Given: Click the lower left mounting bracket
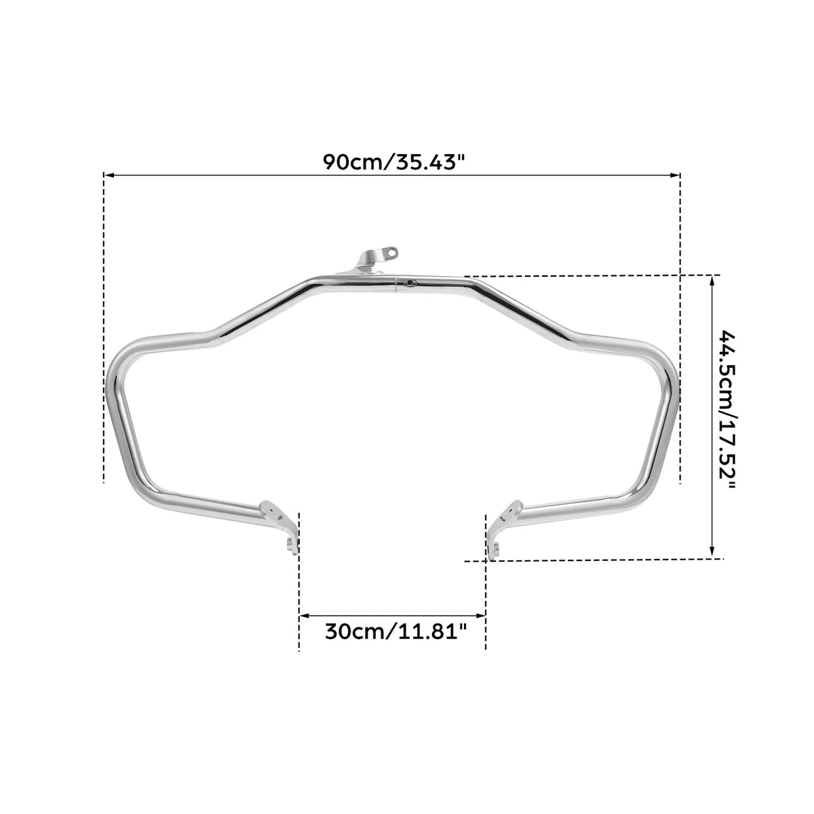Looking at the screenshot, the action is click(280, 526).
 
